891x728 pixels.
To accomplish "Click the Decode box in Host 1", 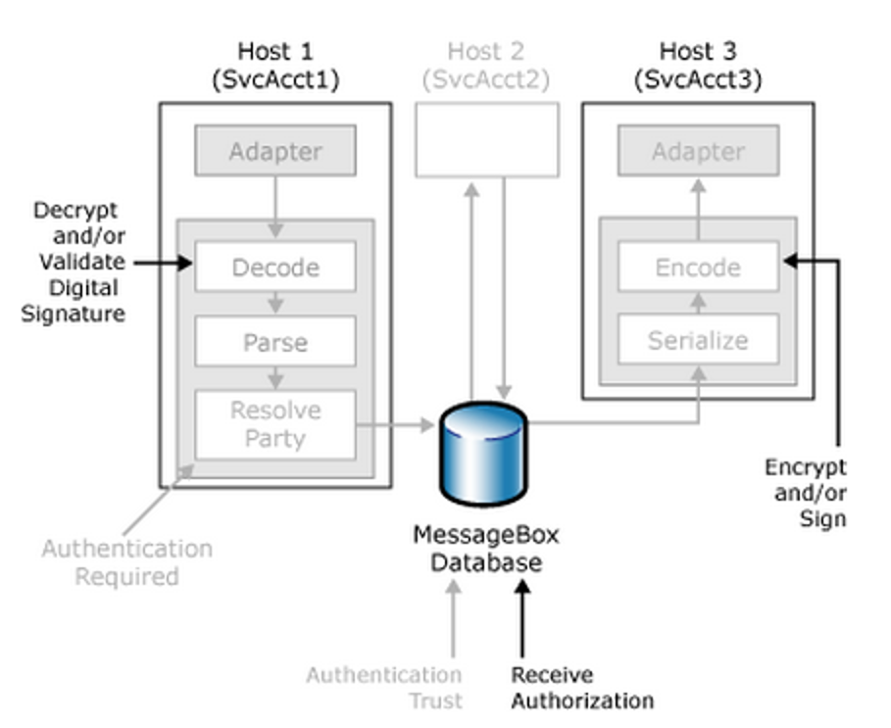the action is point(275,267).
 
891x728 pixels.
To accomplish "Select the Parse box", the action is point(275,341).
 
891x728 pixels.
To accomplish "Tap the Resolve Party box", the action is point(275,424).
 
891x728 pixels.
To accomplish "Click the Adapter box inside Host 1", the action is point(275,151).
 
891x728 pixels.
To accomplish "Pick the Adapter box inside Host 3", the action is point(698,151).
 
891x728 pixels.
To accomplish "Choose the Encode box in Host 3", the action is point(698,267).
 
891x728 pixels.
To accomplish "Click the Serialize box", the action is point(698,340).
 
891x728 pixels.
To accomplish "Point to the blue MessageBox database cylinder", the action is point(483,454).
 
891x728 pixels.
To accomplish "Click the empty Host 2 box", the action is point(487,140).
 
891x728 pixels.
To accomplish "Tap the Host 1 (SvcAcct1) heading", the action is point(275,66).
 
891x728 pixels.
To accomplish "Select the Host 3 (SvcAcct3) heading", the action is point(698,66).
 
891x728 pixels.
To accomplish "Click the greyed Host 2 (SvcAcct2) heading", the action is point(486,66).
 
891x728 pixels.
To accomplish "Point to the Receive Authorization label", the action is point(582,688).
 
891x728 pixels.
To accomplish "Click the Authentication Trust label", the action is point(384,688).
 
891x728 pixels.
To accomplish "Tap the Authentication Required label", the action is point(127,562).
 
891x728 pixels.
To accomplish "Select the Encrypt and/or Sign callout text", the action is point(806,493).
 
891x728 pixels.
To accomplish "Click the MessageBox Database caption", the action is point(486,549).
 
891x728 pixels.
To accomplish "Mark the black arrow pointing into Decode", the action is point(164,263).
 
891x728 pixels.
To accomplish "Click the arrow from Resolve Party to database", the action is point(395,424).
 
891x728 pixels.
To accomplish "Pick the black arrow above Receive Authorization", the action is point(522,618).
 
